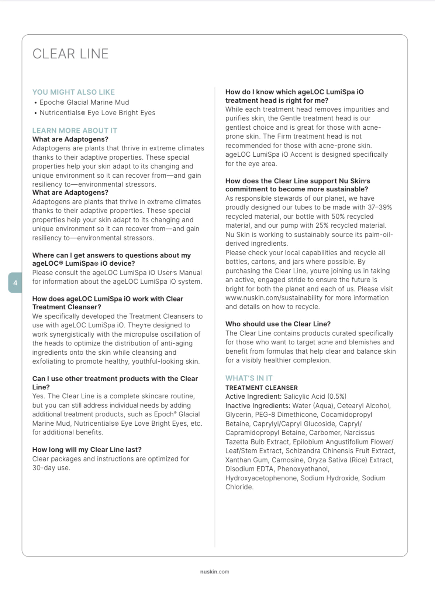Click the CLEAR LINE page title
point(70,54)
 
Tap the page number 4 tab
point(15,283)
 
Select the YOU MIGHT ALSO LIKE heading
point(73,92)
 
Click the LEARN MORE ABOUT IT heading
point(75,130)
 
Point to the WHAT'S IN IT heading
point(249,378)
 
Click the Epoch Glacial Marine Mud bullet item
point(84,102)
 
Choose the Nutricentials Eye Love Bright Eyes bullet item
point(97,113)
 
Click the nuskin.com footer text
point(214,572)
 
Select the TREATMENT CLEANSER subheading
point(261,388)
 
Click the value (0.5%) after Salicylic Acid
point(336,396)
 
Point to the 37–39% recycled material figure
point(380,207)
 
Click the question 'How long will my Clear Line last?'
point(87,450)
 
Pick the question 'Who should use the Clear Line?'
point(278,324)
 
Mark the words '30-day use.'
point(51,468)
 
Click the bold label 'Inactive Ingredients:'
point(258,406)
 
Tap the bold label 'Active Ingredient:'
point(253,396)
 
